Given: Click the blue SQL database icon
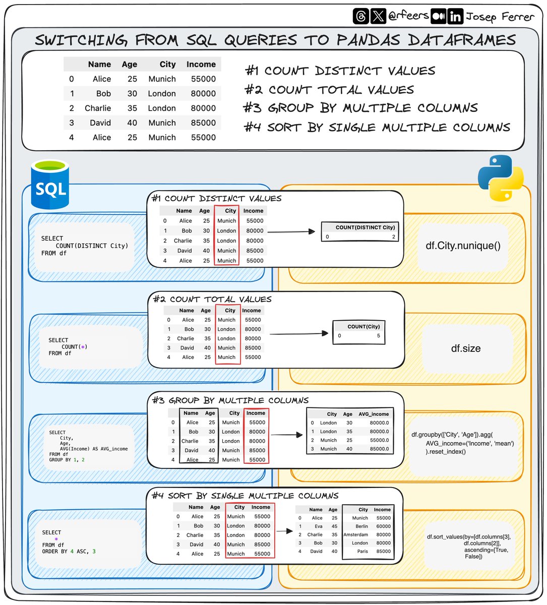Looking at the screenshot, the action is coord(49,185).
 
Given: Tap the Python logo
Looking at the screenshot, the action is coord(500,178).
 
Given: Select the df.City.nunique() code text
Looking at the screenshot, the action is coord(463,246).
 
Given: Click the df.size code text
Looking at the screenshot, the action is coord(465,348).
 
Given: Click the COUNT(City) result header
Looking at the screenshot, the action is coord(363,326).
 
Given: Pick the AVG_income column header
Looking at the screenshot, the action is coord(374,414).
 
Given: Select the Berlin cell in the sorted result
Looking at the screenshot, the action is coord(361,526).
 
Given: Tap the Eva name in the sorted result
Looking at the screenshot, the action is coord(319,526).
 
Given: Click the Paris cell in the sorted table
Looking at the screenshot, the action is coord(362,551).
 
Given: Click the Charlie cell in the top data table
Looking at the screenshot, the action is coord(98,108).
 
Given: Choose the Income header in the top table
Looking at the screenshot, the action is coord(201,65).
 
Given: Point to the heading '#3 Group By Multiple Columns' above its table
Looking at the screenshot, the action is coord(230,401).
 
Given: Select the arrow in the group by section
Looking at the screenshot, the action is coord(286,435).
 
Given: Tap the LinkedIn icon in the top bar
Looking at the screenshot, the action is coord(455,17).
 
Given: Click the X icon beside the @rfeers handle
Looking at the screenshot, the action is coord(378,17).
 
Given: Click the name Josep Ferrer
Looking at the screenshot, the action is coord(499,17).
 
